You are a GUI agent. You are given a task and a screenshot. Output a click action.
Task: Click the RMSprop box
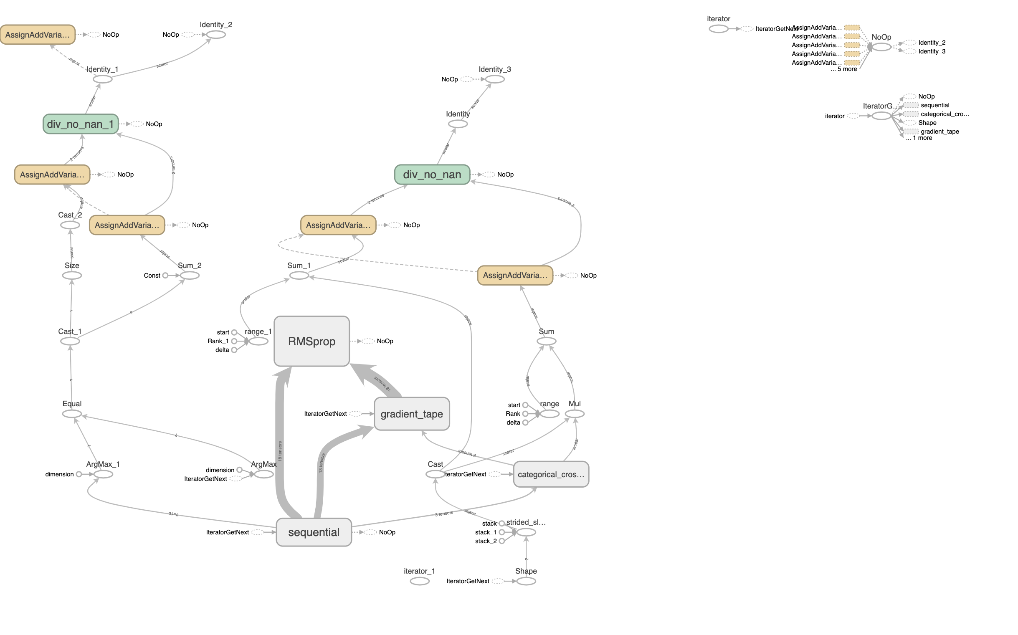311,341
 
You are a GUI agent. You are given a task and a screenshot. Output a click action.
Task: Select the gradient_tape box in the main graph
411,414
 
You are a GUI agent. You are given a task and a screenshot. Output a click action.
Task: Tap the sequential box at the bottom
313,532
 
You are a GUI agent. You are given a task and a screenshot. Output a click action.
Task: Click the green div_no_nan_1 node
80,124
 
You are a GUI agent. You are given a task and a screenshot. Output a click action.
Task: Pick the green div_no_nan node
432,174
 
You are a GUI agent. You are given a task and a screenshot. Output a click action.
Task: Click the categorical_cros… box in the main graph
551,474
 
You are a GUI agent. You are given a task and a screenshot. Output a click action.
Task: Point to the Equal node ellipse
72,414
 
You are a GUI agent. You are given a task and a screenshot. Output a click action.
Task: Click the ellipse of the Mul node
574,414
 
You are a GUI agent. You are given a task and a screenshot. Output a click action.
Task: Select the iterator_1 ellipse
419,581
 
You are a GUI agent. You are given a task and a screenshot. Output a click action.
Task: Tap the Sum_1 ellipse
299,276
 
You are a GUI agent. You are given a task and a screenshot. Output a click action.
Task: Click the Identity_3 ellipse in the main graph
495,79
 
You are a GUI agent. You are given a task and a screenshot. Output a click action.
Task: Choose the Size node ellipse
72,276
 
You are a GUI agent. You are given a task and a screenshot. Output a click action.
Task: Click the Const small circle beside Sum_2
165,276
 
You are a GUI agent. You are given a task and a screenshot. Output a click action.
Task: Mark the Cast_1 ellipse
70,341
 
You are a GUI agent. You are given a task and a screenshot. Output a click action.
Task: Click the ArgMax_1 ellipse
103,474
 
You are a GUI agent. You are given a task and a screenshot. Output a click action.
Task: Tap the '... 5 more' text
843,69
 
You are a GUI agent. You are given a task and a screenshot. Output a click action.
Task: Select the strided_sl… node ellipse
526,532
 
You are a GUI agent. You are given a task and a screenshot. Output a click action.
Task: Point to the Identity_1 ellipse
102,79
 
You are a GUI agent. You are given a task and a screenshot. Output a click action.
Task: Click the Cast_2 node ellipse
70,225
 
